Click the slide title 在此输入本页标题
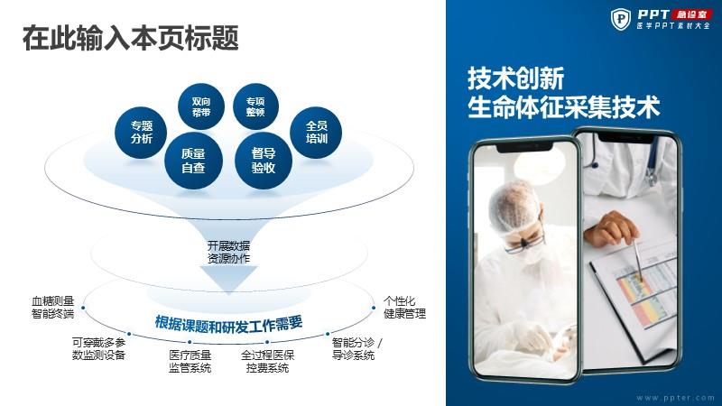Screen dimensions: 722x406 point(130,38)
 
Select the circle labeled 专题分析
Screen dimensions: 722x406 point(141,133)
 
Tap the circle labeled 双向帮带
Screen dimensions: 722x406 point(201,106)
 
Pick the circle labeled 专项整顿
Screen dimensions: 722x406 point(255,106)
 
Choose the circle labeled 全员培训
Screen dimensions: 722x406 point(316,133)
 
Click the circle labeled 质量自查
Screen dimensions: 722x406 point(193,161)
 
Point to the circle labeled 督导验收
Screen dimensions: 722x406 point(264,161)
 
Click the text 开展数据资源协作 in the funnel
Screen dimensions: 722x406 point(229,253)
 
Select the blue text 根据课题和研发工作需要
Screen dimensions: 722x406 point(229,324)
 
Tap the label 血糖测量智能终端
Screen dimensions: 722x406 point(52,308)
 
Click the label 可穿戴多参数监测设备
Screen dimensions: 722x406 point(98,348)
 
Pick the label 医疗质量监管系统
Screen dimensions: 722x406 point(190,362)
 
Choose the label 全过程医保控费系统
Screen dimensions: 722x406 point(267,362)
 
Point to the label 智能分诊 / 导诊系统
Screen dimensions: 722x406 point(356,348)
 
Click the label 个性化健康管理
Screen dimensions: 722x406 point(404,308)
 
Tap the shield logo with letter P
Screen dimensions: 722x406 point(621,19)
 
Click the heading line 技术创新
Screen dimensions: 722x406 point(515,78)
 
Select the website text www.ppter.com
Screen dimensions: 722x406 point(675,398)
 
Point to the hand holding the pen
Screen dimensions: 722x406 point(611,227)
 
